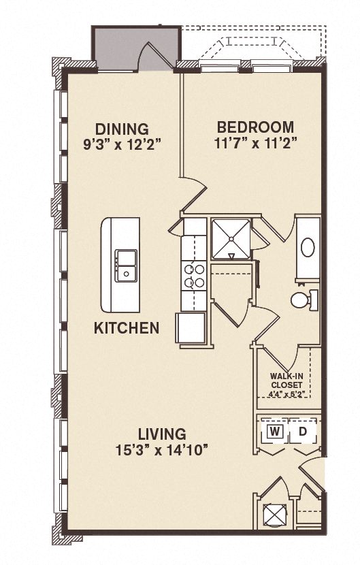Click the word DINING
coord(122,129)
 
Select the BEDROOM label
coord(255,127)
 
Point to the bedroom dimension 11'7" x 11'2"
coord(255,143)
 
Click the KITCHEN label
coord(127,328)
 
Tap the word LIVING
coord(162,434)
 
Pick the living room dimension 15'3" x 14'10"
coord(162,449)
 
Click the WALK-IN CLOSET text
coord(286,378)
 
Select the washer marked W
coord(274,432)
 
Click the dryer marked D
coord(304,432)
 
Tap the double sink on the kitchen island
coord(125,265)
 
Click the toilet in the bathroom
coord(303,299)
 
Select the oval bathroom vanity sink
coord(308,247)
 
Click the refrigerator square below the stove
coord(191,327)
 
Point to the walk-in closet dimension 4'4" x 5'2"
coord(286,392)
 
